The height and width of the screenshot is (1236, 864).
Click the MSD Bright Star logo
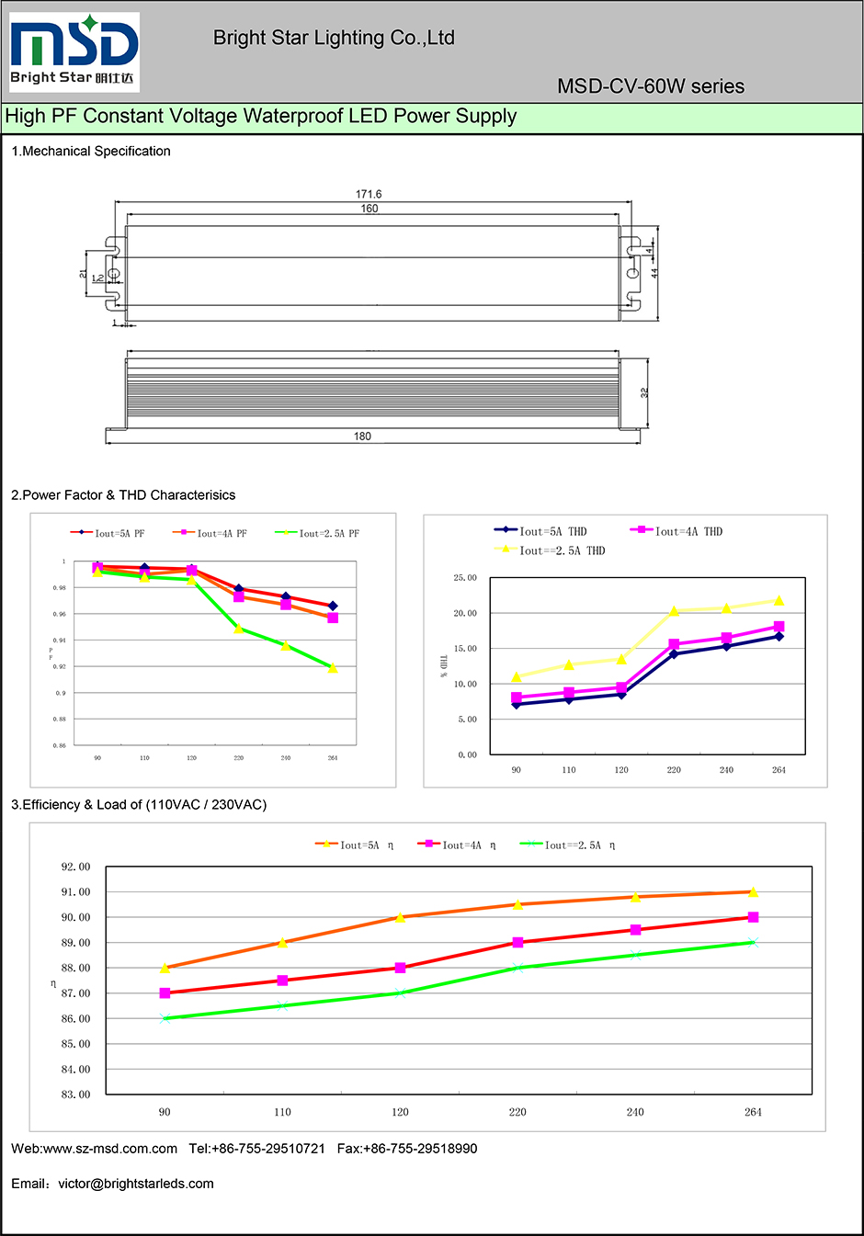click(74, 51)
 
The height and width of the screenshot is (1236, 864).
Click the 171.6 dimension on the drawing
click(369, 194)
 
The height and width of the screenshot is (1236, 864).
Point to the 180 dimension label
click(362, 437)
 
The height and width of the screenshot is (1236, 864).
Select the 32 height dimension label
click(644, 392)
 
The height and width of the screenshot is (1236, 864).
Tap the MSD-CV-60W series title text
click(650, 86)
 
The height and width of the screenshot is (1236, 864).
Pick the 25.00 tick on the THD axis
click(465, 578)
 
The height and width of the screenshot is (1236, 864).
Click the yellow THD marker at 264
click(779, 601)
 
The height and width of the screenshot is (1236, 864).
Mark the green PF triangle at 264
click(333, 668)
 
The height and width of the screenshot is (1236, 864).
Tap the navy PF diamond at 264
click(333, 607)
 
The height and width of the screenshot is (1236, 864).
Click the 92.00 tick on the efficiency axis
click(75, 867)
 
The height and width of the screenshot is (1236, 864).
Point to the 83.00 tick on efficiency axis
click(75, 1094)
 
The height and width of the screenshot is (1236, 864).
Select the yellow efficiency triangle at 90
click(165, 968)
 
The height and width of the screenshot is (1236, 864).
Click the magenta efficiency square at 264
click(753, 917)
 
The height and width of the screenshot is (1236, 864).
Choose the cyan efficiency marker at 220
click(517, 968)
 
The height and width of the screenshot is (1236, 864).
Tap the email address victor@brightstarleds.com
click(136, 1184)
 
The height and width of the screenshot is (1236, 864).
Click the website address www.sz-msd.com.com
click(110, 1149)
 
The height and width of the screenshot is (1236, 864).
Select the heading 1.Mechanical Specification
click(91, 151)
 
